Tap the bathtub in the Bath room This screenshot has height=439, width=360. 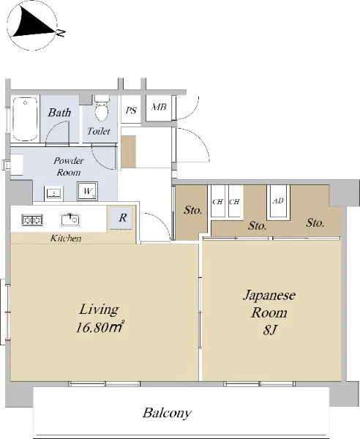click(25, 119)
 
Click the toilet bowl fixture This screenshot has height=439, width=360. click(101, 108)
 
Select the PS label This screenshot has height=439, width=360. click(131, 110)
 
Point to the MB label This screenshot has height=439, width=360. click(159, 107)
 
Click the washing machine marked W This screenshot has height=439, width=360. click(87, 191)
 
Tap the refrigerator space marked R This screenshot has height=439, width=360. click(122, 217)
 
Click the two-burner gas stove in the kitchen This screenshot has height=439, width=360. click(32, 219)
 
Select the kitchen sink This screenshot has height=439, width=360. click(70, 219)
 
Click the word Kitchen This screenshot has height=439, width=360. click(66, 239)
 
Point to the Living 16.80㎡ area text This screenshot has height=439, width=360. click(100, 318)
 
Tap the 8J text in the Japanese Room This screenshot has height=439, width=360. click(269, 331)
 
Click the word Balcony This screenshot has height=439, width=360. click(167, 413)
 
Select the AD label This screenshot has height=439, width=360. click(278, 200)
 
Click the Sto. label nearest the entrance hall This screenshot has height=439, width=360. click(192, 210)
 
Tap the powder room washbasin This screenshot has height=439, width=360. click(53, 193)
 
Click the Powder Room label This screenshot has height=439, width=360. click(69, 166)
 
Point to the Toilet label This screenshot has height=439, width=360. click(99, 131)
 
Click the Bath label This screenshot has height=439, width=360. click(59, 112)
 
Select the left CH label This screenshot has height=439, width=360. click(217, 202)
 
